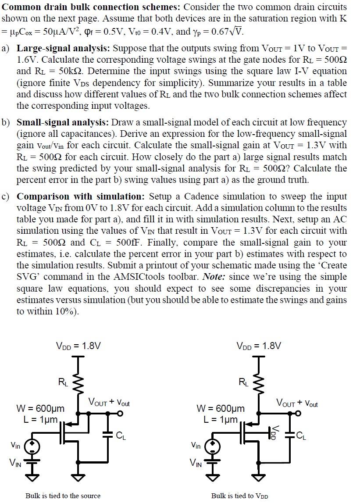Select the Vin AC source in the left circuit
pyautogui.click(x=32, y=447)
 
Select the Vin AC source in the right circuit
pyautogui.click(x=212, y=447)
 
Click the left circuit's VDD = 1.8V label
pyautogui.click(x=78, y=346)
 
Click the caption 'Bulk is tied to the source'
pyautogui.click(x=63, y=496)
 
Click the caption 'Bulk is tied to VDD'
pyautogui.click(x=239, y=496)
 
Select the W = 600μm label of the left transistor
pyautogui.click(x=40, y=409)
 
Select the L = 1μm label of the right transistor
pyautogui.click(x=221, y=419)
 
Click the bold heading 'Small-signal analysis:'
pyautogui.click(x=60, y=122)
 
